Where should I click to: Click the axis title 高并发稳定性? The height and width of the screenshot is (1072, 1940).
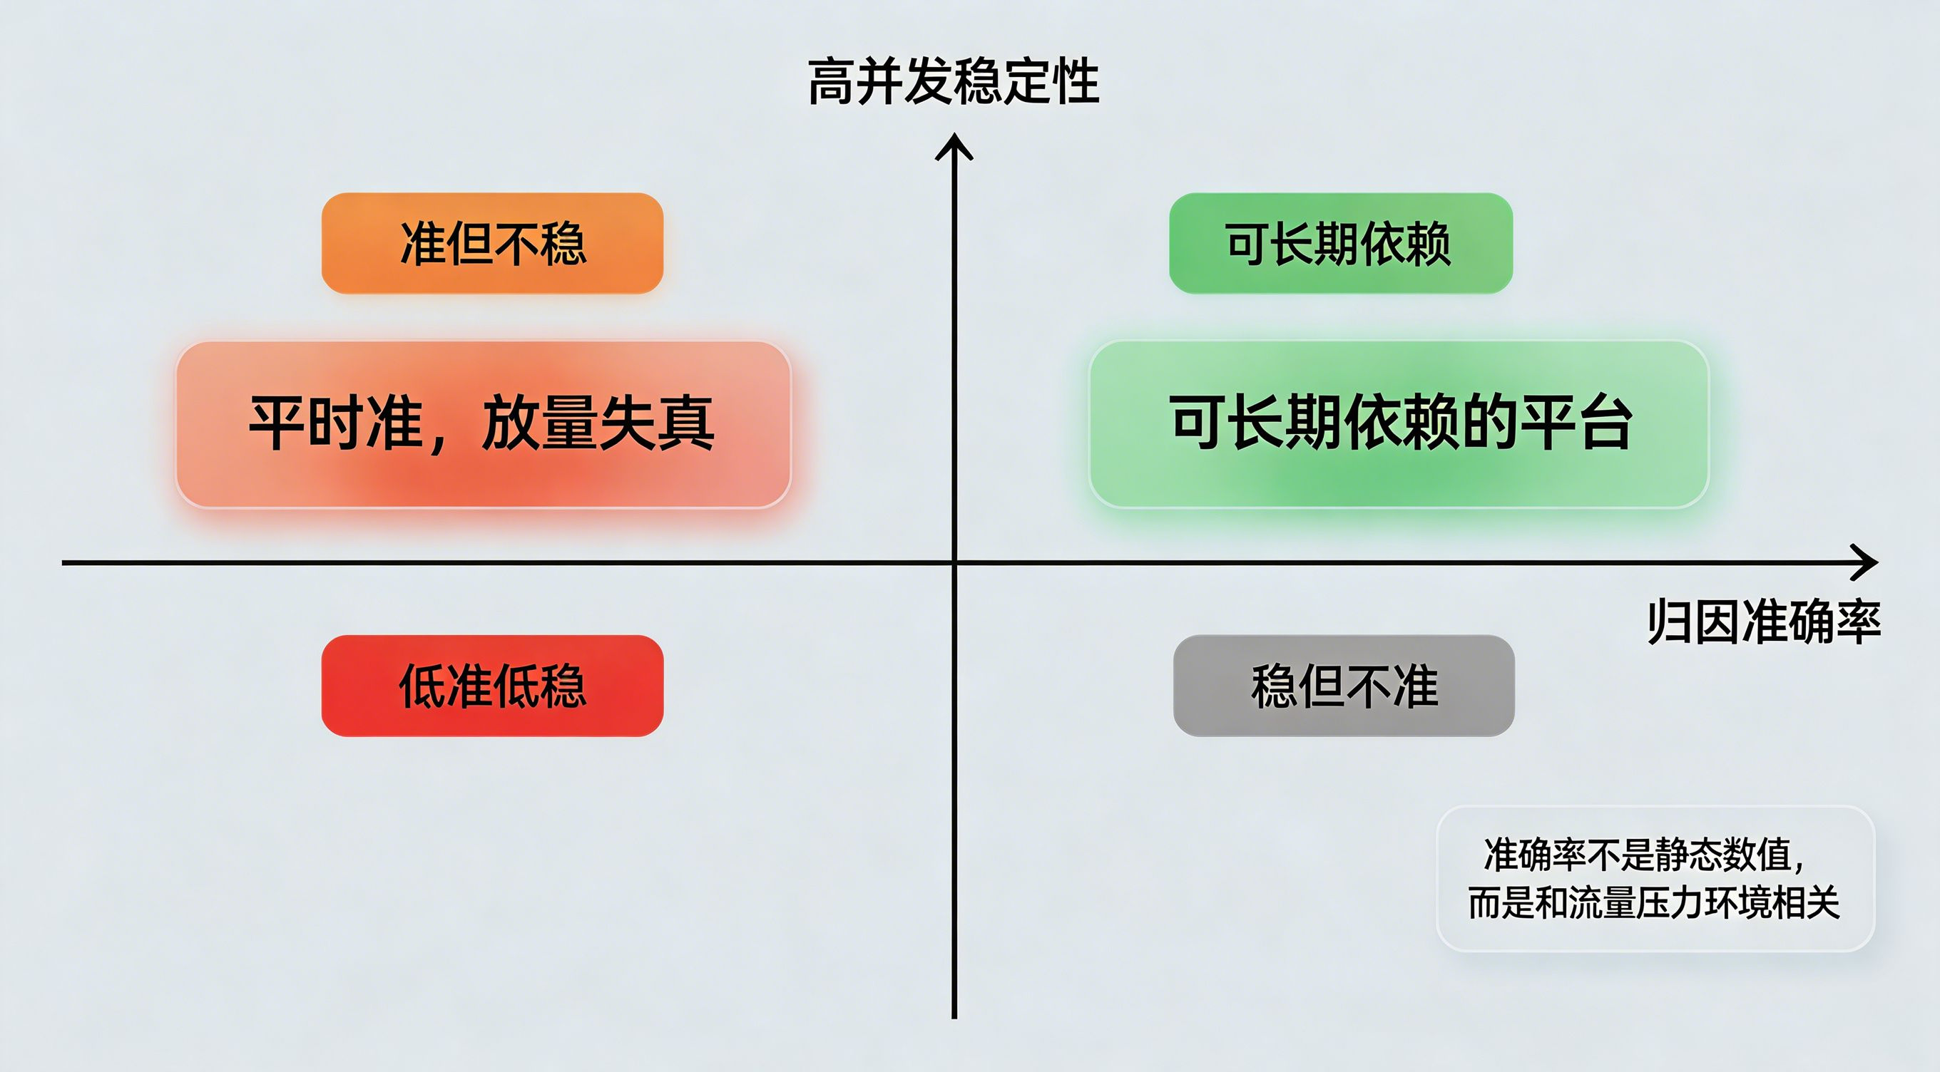coord(954,81)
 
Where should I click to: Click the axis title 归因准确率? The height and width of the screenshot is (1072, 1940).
coord(1764,622)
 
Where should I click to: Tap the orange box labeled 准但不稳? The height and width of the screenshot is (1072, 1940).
coord(493,243)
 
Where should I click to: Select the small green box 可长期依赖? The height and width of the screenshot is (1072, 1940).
coord(1341,243)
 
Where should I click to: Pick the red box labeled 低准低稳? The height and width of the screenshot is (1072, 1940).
coord(493,685)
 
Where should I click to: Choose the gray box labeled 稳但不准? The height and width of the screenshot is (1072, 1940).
coord(1344,685)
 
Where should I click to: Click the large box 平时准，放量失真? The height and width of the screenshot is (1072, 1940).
coord(484,424)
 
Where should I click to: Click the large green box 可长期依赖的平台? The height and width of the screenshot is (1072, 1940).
coord(1399,424)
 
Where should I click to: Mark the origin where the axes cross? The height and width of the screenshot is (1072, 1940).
coord(954,562)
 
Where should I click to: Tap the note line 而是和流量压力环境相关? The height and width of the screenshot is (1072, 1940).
coord(1654,902)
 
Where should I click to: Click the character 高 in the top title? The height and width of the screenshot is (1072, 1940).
coord(832,81)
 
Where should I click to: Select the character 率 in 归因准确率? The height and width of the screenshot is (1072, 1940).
coord(1858,622)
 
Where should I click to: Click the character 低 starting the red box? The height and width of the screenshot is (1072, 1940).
coord(422,686)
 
